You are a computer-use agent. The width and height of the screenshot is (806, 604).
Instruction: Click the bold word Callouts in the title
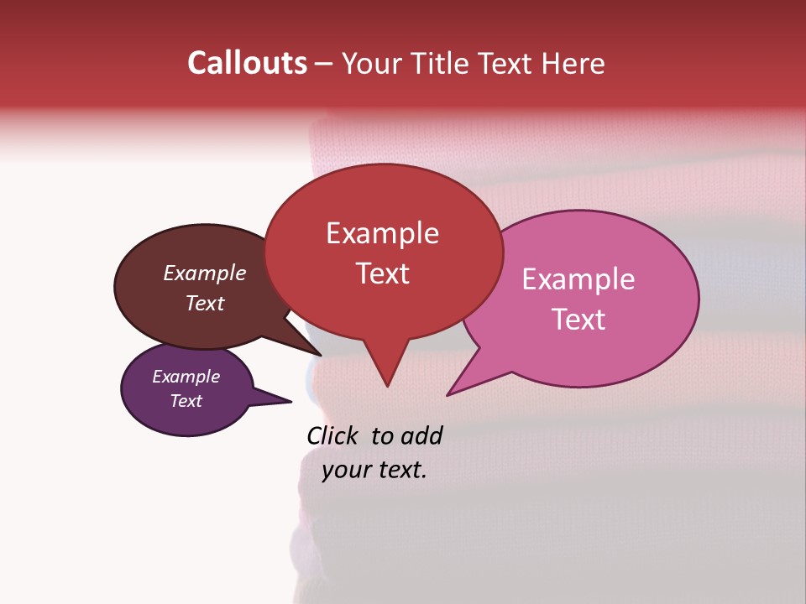[248, 63]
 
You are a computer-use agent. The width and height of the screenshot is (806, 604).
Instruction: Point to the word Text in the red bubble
[382, 273]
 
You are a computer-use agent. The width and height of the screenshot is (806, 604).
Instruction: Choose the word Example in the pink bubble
[578, 279]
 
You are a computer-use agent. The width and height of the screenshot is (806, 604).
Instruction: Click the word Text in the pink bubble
[578, 320]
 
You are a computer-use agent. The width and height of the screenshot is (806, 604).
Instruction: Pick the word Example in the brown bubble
[204, 273]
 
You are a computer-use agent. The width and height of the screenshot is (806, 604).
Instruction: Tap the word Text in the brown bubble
[204, 303]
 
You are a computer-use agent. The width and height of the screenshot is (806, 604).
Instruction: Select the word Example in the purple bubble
[186, 377]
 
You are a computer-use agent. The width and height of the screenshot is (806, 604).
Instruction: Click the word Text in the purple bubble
[186, 401]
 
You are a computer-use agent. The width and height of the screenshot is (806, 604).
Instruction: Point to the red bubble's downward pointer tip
[387, 385]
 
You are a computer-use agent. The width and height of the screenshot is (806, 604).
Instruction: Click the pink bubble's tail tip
[448, 394]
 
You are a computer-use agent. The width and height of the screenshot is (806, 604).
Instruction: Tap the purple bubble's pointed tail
[290, 401]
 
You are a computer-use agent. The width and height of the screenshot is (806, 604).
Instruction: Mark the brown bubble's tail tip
[319, 355]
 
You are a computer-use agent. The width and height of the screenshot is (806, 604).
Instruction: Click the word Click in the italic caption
[333, 435]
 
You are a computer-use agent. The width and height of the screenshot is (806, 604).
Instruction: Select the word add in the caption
[421, 435]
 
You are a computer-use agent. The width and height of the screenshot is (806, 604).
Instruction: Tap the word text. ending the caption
[400, 470]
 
